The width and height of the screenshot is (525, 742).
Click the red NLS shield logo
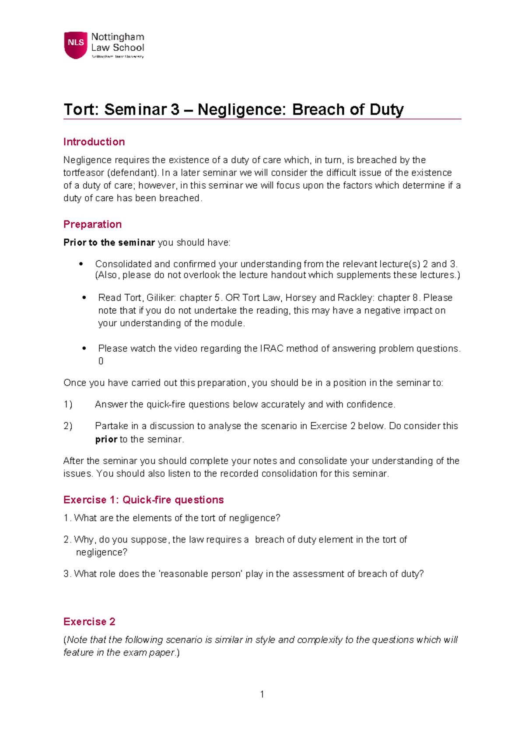pos(76,44)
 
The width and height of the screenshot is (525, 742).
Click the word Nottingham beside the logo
pos(117,37)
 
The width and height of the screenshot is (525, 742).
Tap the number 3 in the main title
pos(175,109)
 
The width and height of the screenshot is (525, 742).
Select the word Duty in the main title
pos(386,109)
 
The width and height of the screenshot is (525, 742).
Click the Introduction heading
pos(94,142)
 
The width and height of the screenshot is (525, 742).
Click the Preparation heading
pos(92,224)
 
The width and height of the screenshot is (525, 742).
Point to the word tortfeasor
pos(84,173)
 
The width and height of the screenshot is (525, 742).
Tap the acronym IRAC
pos(272,349)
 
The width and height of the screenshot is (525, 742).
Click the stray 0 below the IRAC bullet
pos(101,361)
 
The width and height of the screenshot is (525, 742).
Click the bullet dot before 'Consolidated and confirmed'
pos(81,264)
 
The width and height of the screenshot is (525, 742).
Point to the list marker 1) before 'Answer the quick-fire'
pos(68,405)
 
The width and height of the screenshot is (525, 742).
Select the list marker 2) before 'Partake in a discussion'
pos(68,426)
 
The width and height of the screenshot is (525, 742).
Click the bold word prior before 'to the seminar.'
pos(106,440)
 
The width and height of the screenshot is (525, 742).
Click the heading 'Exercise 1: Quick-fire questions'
pos(143,500)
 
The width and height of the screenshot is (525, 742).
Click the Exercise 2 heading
pos(89,622)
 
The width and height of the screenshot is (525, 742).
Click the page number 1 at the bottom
pos(262,694)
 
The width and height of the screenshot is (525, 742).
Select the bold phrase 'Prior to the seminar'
pos(109,243)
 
